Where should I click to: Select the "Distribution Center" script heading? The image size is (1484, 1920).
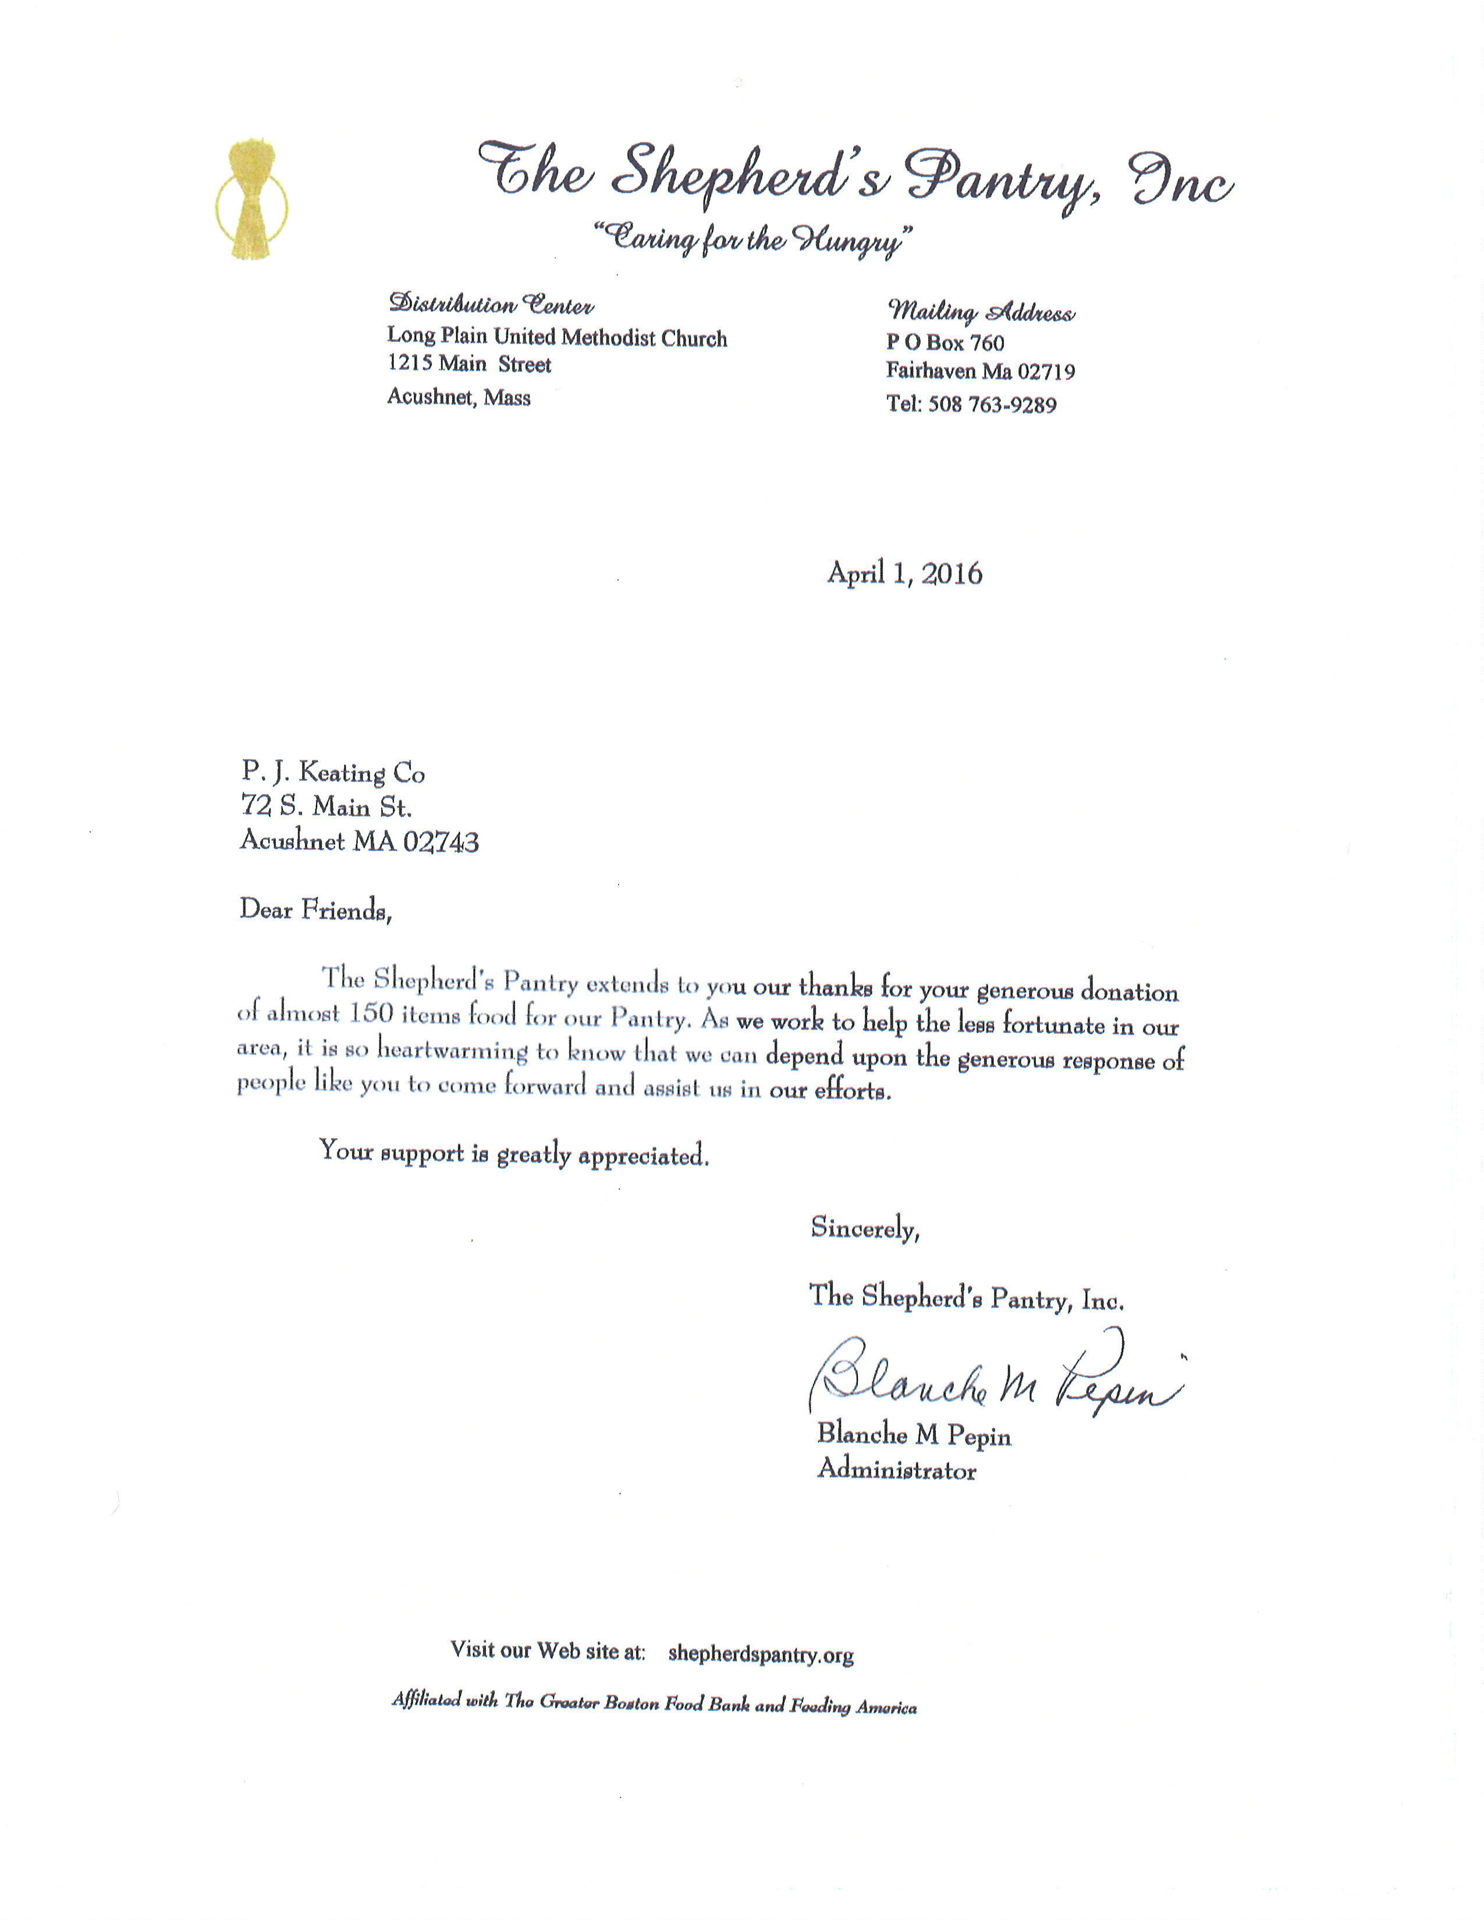point(491,305)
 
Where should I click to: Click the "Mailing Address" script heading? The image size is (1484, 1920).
point(980,312)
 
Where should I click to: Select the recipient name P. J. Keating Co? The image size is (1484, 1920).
point(333,773)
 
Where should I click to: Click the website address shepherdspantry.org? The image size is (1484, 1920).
point(761,1655)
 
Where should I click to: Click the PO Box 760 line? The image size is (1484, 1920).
point(945,343)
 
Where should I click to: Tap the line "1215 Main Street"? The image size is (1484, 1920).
point(470,365)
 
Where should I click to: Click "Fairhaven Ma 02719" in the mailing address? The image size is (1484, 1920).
point(980,372)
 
